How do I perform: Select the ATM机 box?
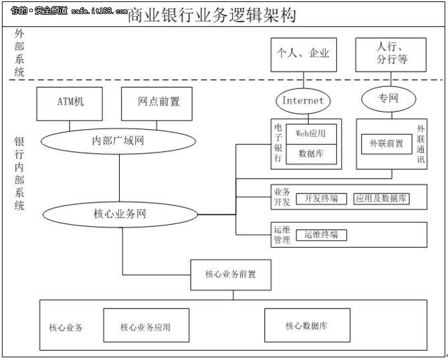coord(70,103)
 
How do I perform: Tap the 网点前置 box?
coord(158,103)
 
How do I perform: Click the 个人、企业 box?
coord(303,54)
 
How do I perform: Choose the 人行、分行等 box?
coord(391,54)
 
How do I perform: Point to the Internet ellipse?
coord(302,101)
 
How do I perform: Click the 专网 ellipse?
coord(388,100)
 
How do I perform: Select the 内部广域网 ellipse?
coord(118,141)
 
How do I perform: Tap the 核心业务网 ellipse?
coord(120,215)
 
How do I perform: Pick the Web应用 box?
coord(311,134)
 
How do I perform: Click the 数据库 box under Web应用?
coord(311,153)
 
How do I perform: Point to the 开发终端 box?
coord(321,199)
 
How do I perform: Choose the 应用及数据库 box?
coord(382,199)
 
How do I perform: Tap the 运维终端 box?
coord(321,235)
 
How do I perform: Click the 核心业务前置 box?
coord(230,274)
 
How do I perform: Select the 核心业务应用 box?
coord(145,327)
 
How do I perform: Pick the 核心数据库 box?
coord(306,326)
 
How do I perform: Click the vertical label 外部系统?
coord(19,53)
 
